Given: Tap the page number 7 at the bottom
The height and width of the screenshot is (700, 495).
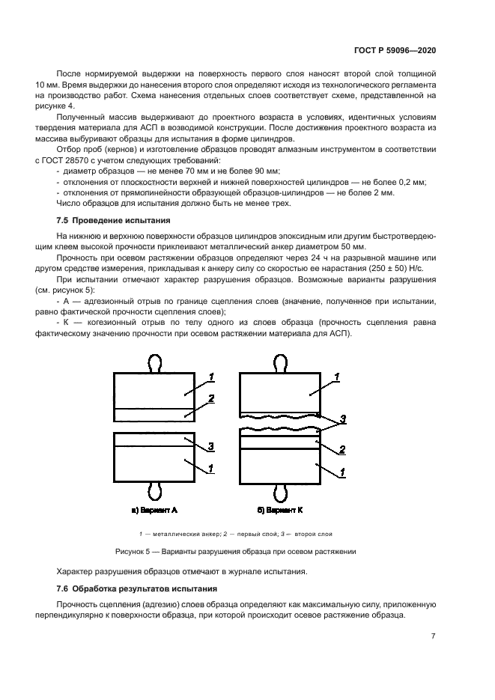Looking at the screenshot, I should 434,636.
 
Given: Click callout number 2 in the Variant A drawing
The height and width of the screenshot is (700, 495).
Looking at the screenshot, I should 211,399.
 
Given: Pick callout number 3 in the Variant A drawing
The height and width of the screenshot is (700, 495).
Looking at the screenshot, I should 211,446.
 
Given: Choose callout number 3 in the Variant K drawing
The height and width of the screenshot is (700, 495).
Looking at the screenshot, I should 343,420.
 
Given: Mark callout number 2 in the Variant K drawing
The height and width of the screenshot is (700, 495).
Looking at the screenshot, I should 341,450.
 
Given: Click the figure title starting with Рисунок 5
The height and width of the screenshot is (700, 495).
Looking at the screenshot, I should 246,552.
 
